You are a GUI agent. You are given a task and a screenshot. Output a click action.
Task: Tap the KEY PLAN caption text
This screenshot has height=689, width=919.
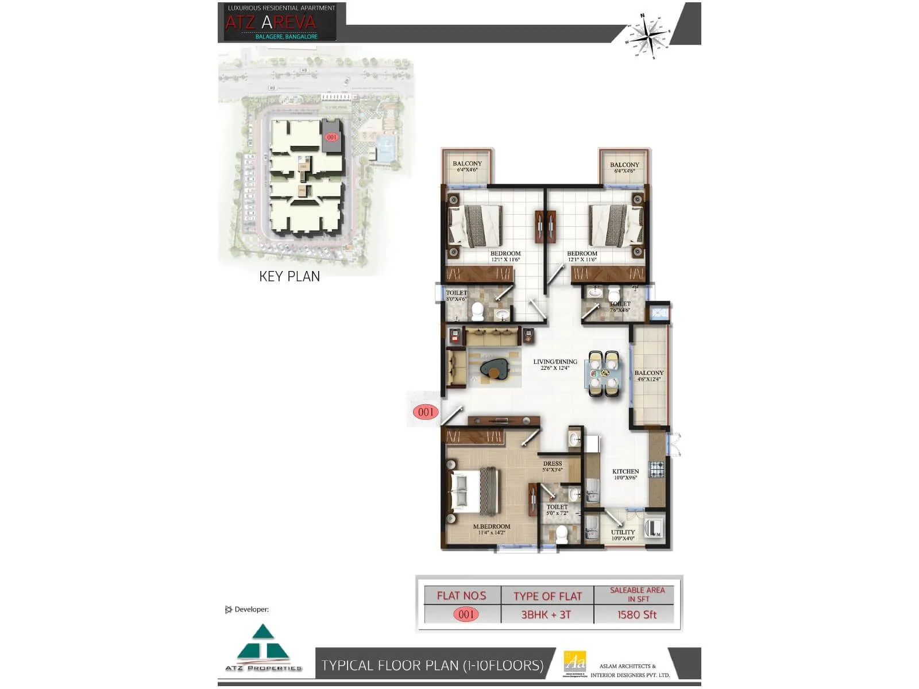pos(289,276)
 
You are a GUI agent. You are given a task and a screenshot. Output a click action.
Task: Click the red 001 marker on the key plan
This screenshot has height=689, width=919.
pos(331,137)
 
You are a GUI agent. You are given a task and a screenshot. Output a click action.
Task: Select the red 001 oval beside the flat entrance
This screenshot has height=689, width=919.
pos(426,412)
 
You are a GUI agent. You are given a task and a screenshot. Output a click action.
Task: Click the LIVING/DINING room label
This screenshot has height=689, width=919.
pos(555,364)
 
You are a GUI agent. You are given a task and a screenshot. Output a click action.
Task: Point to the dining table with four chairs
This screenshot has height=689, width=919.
pos(603,374)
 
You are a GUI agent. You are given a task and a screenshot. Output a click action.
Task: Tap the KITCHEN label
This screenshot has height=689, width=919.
pos(625,473)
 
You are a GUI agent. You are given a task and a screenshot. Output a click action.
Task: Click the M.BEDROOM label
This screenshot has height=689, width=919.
pos(491,528)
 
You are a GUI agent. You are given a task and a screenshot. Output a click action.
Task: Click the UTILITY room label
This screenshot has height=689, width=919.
pos(623,535)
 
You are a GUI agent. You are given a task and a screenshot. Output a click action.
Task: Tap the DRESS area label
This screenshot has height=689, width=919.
pos(553,465)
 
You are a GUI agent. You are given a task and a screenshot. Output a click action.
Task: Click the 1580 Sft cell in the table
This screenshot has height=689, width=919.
pos(636,614)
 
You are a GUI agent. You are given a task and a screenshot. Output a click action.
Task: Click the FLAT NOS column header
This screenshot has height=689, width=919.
pos(461,595)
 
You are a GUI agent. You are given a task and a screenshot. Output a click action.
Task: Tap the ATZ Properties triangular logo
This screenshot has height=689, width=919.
pos(263,644)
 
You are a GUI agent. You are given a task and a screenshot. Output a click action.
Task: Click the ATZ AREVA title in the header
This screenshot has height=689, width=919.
pos(271,22)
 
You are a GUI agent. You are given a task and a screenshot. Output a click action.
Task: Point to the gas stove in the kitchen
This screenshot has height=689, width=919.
pos(657,469)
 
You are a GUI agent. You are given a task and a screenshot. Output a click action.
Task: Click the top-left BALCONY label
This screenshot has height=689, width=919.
pos(467,165)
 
